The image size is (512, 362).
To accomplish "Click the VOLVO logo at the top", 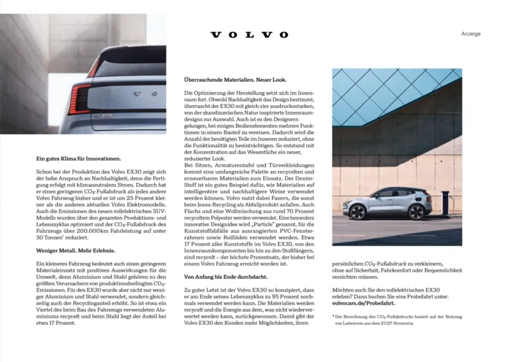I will coord(250,35).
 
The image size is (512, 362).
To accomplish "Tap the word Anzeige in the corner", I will coord(470,34).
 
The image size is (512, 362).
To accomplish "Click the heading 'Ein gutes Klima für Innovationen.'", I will coord(79,157).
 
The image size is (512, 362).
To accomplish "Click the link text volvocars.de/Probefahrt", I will coord(362,303).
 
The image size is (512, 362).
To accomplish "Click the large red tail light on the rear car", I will coord(79,100).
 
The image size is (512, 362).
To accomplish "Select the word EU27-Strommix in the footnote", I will coord(396,324).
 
